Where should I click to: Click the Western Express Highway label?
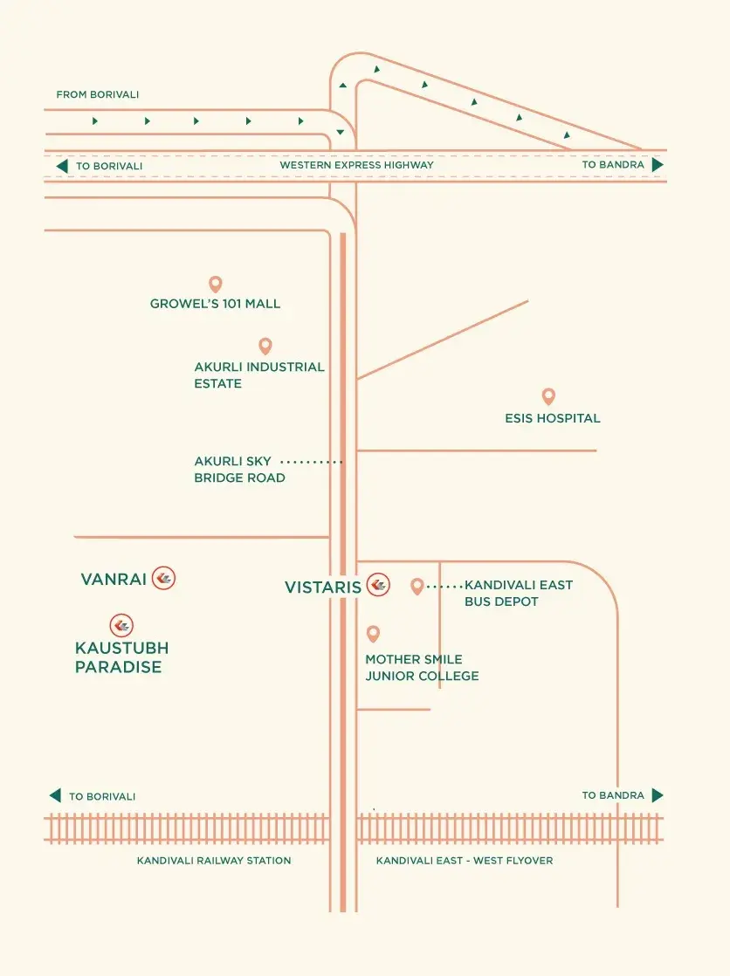356,165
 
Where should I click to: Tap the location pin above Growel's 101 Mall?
216,285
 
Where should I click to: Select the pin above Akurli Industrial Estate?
265,346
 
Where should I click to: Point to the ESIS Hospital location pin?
548,396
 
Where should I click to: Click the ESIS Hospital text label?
553,418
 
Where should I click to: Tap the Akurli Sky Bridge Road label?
240,470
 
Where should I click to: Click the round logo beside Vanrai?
164,578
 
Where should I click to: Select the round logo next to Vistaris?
378,585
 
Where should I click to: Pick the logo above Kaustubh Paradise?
121,626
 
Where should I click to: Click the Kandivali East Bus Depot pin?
417,587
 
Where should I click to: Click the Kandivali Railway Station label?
214,860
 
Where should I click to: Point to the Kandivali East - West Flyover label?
465,860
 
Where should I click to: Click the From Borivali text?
98,94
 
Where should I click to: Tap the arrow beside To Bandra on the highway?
658,165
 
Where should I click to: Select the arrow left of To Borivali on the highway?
62,166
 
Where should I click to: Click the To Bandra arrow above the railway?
658,795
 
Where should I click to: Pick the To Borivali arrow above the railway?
55,795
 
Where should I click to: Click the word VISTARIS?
322,587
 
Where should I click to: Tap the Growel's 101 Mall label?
215,304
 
